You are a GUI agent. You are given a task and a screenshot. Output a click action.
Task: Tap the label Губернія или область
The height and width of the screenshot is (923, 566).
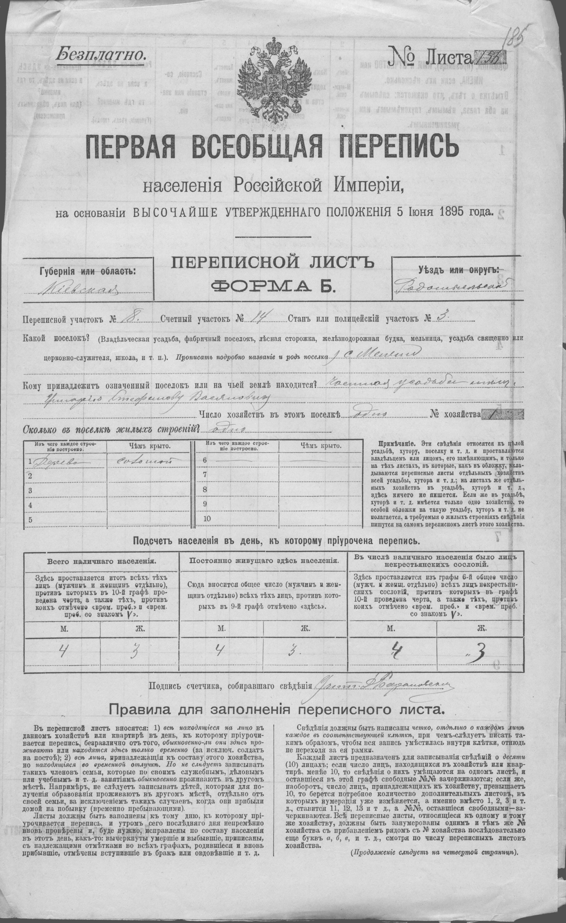click(88, 271)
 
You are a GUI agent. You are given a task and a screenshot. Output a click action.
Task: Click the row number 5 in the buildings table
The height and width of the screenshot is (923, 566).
click(30, 519)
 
